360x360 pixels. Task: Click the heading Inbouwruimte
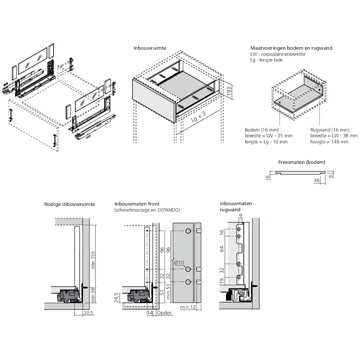pos(150,48)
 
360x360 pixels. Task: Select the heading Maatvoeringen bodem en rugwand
pos(291,48)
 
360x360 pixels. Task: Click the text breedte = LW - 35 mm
pos(269,136)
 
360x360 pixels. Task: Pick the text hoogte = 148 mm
pos(329,142)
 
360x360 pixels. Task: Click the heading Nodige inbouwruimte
pos(69,204)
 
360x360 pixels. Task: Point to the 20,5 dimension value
pos(89,313)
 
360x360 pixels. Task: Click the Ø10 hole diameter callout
pos(179,262)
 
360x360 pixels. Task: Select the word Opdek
pos(164,313)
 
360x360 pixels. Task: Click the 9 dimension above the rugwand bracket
pos(240,216)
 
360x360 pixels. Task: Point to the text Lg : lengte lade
pos(266,60)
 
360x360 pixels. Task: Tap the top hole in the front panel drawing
pos(188,231)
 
